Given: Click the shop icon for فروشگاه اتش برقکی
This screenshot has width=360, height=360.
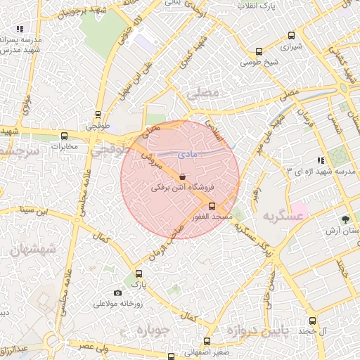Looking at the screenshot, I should coord(183,176).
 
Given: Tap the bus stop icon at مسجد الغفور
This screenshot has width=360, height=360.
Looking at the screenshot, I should coord(212,207).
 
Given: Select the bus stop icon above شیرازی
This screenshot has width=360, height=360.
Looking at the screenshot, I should coord(260,51).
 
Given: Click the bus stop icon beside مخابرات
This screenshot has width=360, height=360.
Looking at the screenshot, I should coord(64,136).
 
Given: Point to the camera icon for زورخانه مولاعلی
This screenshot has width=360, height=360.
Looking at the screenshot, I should coord(117,293).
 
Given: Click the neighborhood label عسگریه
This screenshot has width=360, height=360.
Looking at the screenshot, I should coord(282,216).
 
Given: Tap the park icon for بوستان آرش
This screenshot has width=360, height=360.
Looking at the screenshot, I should coord(345,219).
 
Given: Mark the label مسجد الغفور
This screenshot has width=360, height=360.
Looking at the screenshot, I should coord(212,218).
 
